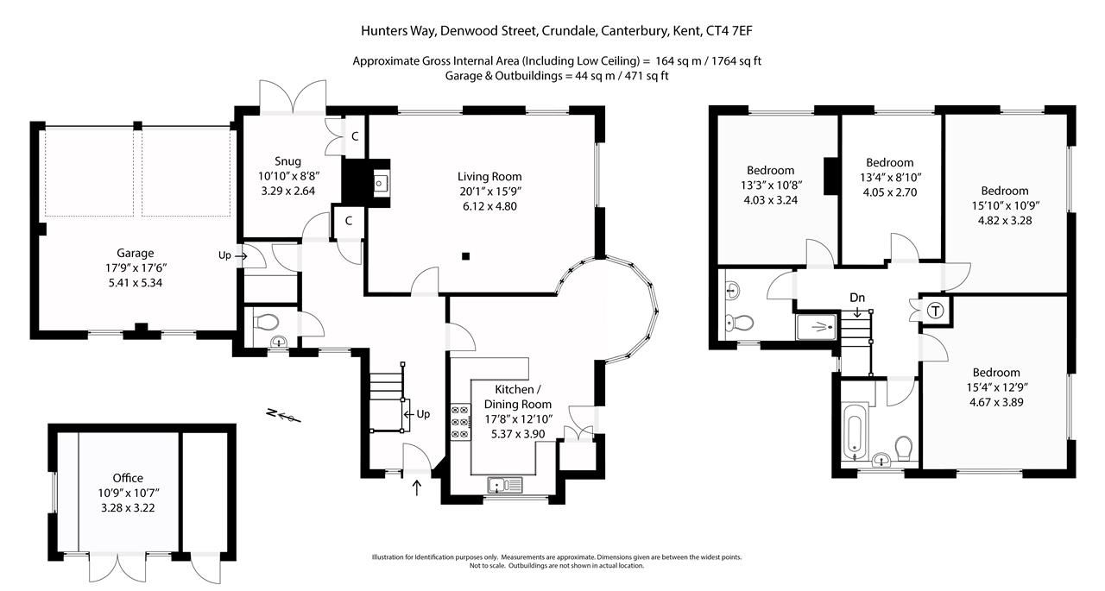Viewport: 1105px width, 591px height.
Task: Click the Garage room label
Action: (x=136, y=253)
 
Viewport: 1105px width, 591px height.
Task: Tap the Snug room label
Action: (x=288, y=160)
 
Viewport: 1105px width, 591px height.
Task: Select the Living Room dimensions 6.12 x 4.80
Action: (x=489, y=205)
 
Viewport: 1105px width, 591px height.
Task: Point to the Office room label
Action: (x=127, y=478)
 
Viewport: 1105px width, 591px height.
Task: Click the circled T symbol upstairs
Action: (x=935, y=311)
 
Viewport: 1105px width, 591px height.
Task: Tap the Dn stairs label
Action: (x=857, y=298)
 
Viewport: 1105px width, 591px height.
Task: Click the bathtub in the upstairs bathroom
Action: (x=854, y=431)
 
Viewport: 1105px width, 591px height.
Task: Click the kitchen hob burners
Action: (x=458, y=422)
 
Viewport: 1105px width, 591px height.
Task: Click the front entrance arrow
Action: (x=418, y=488)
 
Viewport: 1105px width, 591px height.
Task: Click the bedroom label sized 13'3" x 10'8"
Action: (x=770, y=170)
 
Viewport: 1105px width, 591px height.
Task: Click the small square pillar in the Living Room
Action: (x=466, y=255)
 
